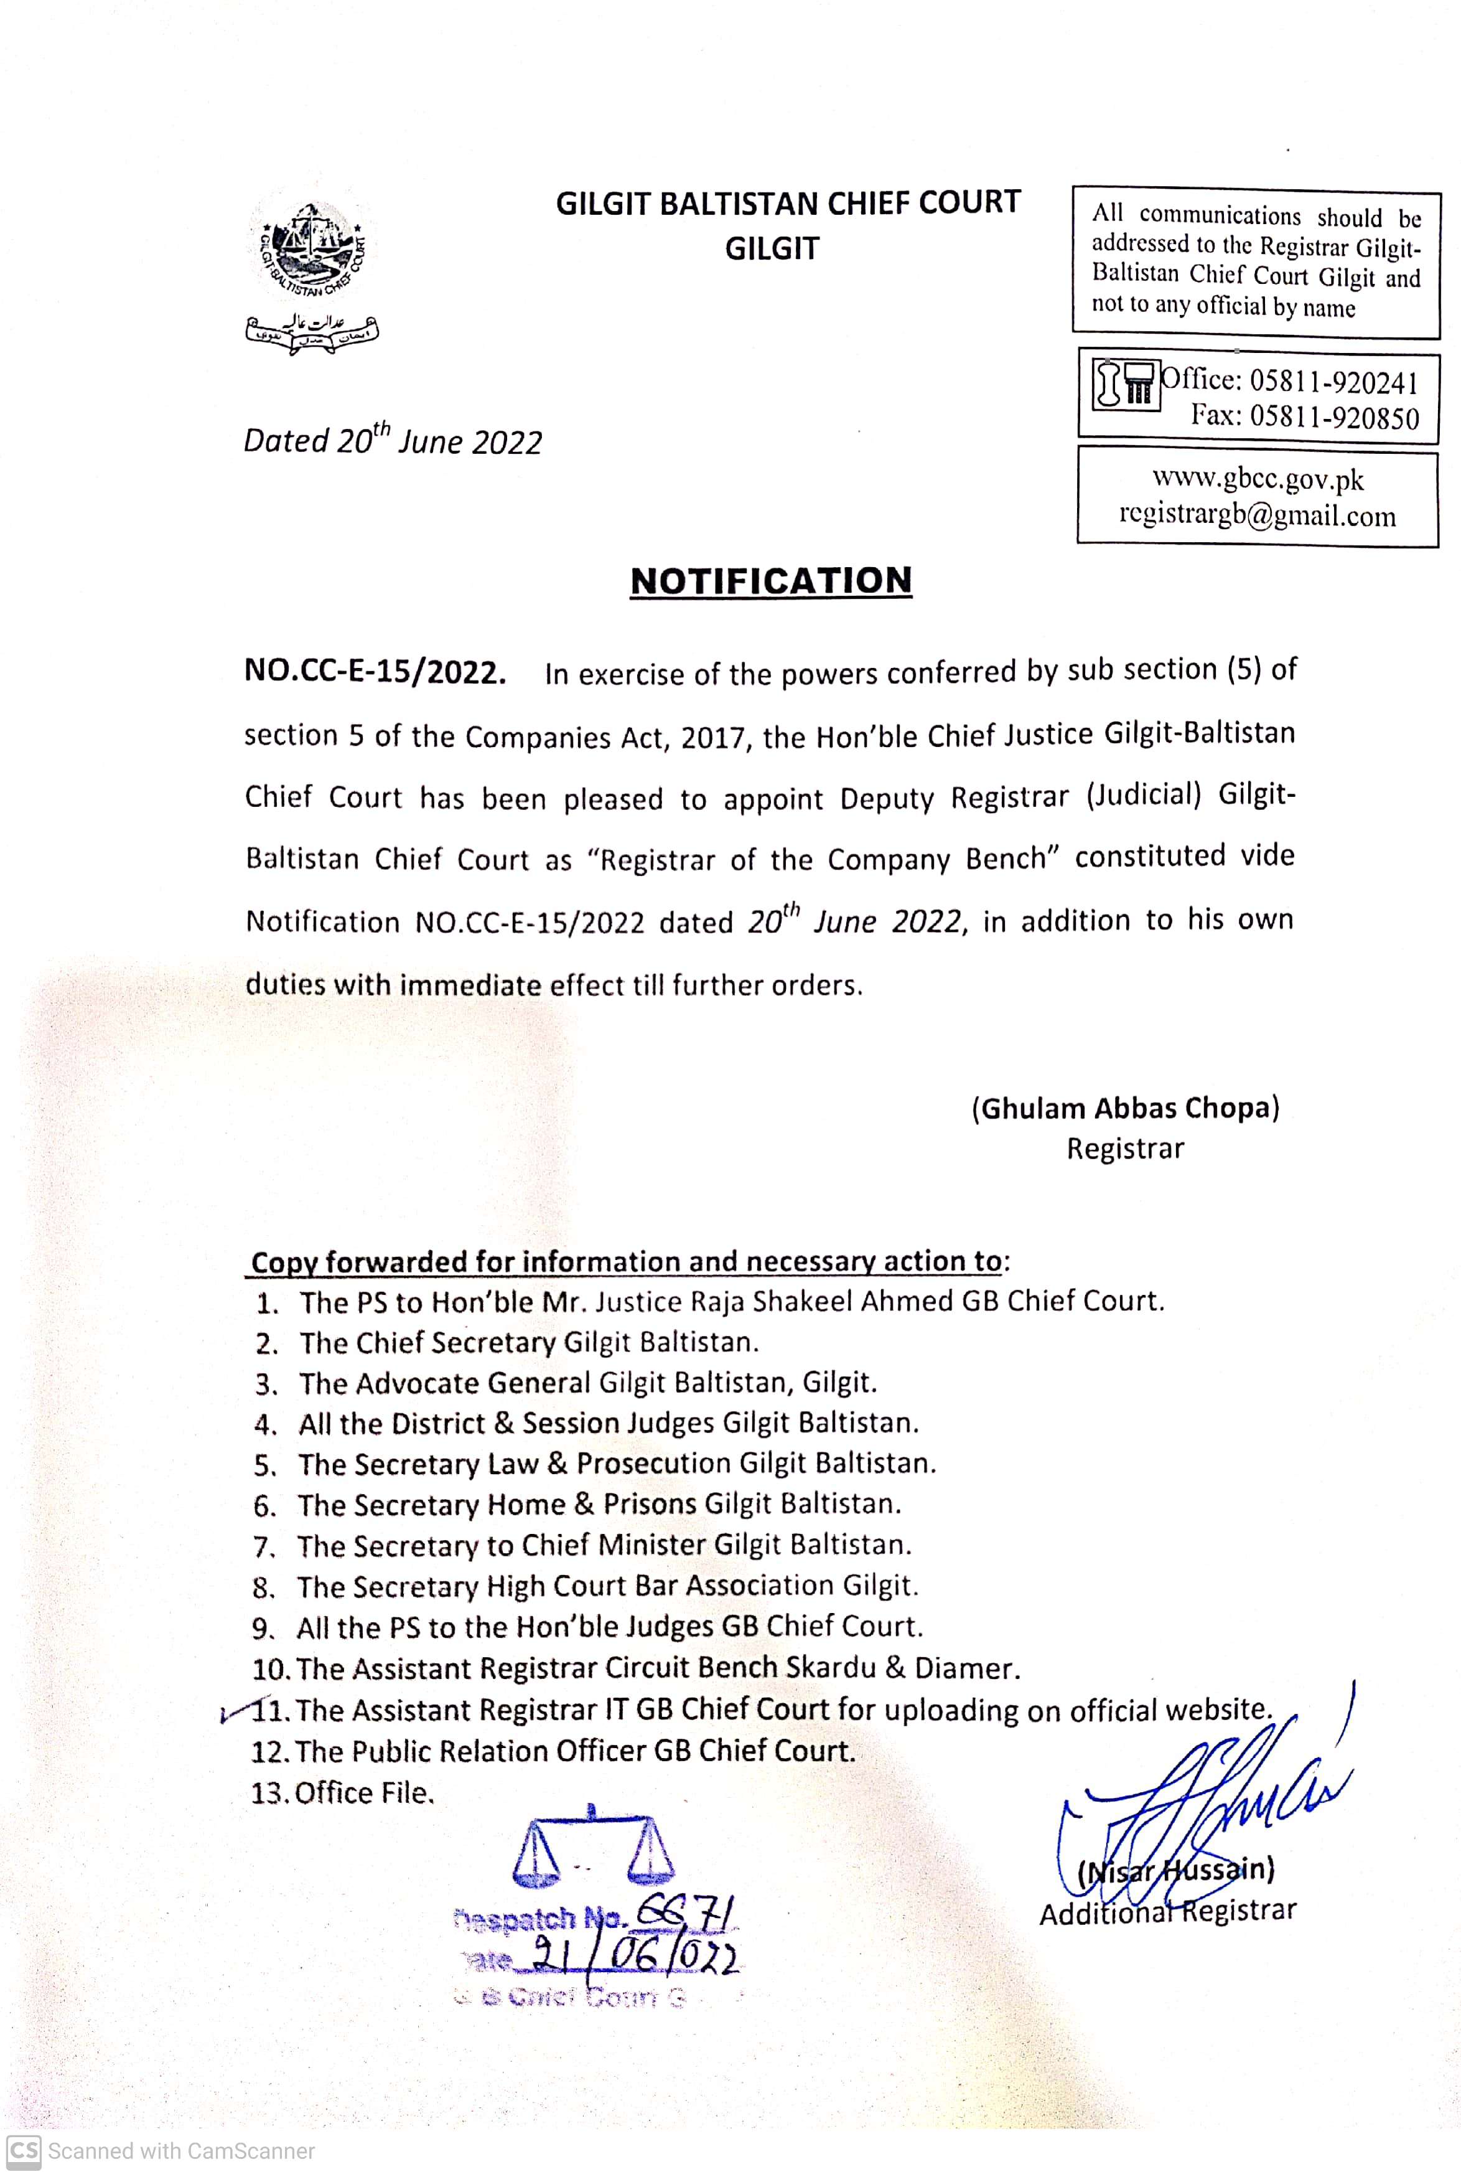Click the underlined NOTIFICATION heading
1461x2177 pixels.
[770, 581]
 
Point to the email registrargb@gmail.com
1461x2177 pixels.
[1258, 515]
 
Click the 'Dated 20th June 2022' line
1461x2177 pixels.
[392, 440]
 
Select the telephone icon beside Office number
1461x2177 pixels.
[1126, 383]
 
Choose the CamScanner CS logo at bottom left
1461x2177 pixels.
[24, 2150]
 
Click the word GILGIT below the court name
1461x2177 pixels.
[772, 249]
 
